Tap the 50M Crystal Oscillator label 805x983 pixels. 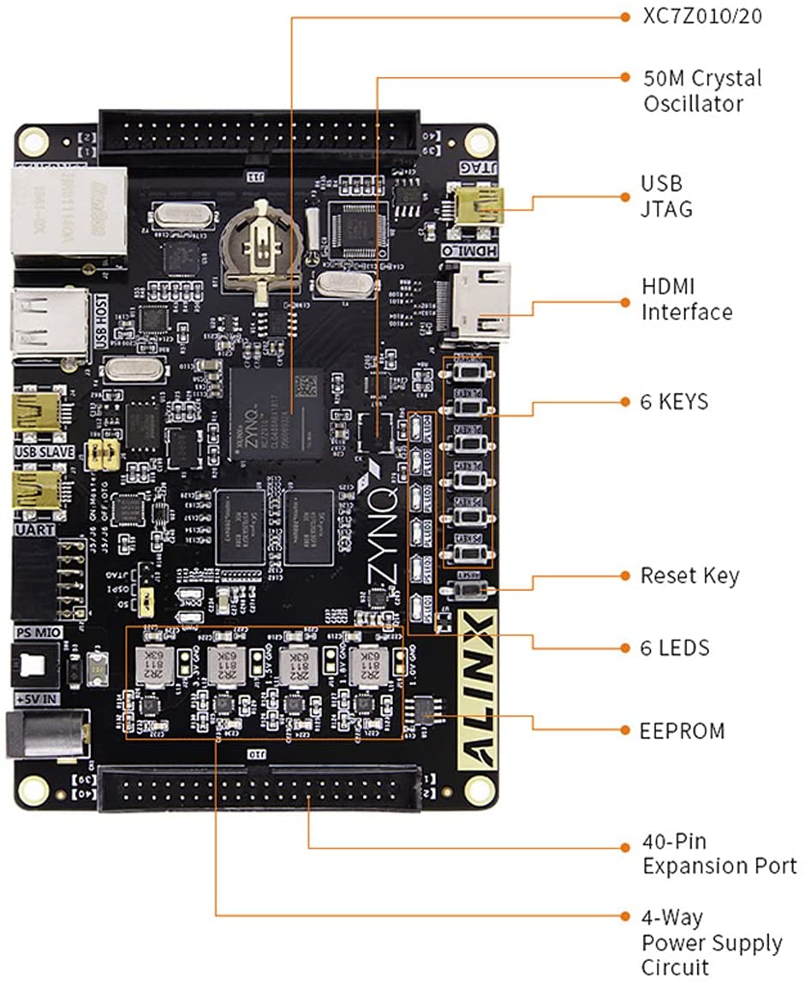point(701,91)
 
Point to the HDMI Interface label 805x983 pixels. point(687,298)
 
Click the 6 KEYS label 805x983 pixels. point(675,401)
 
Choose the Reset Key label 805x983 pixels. point(689,575)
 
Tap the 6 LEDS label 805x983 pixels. point(676,647)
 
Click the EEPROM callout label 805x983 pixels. point(683,730)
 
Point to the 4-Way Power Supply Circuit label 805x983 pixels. point(712,942)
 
